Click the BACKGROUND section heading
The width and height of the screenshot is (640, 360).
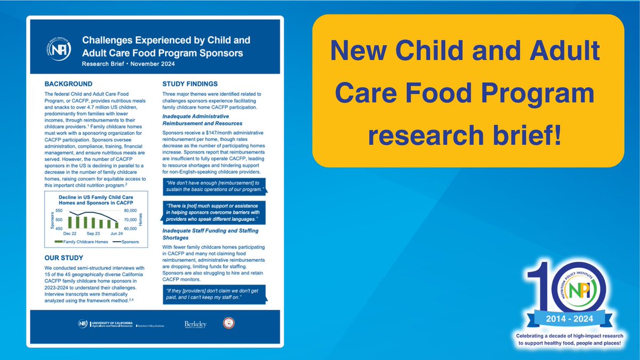68,84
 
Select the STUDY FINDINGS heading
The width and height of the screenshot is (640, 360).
189,83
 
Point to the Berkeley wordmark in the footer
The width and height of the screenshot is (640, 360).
195,324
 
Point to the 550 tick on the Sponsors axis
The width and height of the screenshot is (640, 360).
59,211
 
